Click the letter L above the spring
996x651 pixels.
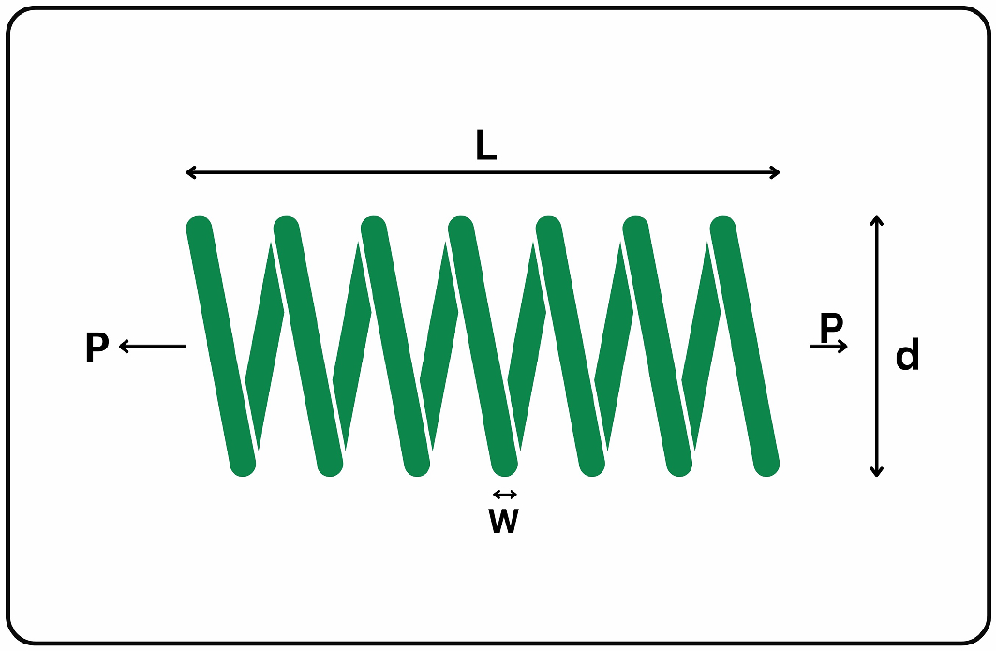(x=485, y=146)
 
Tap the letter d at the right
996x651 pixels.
(x=906, y=356)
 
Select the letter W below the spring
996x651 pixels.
(x=503, y=522)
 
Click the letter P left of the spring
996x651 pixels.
(x=97, y=348)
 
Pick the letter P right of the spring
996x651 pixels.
(x=831, y=327)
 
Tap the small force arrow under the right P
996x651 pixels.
(x=830, y=347)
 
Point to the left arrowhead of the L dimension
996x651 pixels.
(x=190, y=172)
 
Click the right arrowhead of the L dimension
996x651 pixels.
(x=775, y=172)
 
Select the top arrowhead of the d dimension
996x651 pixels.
(x=876, y=221)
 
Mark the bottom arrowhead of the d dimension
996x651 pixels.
(x=876, y=471)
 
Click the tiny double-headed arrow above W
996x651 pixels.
(x=504, y=495)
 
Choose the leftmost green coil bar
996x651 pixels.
(x=221, y=345)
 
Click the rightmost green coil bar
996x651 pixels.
(x=745, y=345)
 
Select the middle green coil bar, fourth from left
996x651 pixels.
(x=483, y=345)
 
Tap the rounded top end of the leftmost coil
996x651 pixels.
(x=200, y=228)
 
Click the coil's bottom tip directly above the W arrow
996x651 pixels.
(x=505, y=463)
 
